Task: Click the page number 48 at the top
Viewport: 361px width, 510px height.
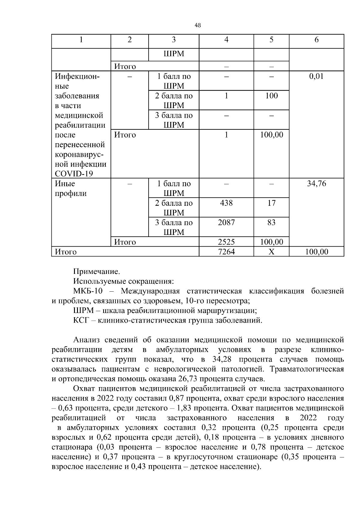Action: click(198, 26)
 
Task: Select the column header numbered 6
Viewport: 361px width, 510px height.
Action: click(316, 40)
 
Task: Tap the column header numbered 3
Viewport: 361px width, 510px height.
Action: click(174, 40)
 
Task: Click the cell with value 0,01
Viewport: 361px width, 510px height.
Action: click(316, 76)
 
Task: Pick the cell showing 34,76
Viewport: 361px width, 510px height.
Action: click(316, 184)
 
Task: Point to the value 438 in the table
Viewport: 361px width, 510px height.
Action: click(226, 203)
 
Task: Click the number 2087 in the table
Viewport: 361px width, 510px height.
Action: click(226, 223)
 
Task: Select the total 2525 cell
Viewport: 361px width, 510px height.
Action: click(226, 242)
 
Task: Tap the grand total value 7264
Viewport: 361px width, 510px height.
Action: click(226, 252)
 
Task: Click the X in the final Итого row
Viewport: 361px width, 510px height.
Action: click(271, 252)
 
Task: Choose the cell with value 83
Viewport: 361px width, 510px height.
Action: click(271, 223)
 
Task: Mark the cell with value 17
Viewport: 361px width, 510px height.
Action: click(271, 203)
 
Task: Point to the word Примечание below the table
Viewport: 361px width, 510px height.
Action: click(97, 272)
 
